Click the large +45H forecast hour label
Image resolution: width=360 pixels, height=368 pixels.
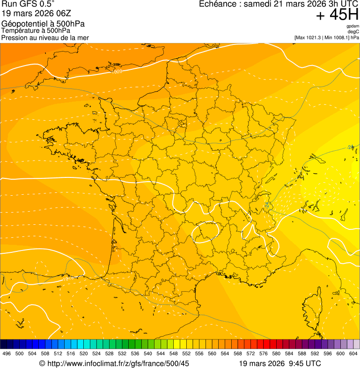click(x=337, y=15)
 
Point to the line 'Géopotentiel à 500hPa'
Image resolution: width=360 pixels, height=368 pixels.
click(x=43, y=23)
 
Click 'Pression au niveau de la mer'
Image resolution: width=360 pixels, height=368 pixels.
click(x=45, y=37)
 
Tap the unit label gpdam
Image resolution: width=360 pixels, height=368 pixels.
click(x=353, y=26)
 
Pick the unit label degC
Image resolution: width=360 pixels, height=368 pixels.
click(x=353, y=31)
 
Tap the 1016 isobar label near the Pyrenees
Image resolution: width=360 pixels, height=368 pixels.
click(x=69, y=279)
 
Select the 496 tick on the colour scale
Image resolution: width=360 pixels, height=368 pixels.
click(x=7, y=353)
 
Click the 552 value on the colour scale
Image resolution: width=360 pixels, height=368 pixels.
click(x=186, y=353)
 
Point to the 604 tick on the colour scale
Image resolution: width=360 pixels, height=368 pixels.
click(x=353, y=353)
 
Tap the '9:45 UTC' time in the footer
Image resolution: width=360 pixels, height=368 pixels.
click(x=306, y=363)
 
